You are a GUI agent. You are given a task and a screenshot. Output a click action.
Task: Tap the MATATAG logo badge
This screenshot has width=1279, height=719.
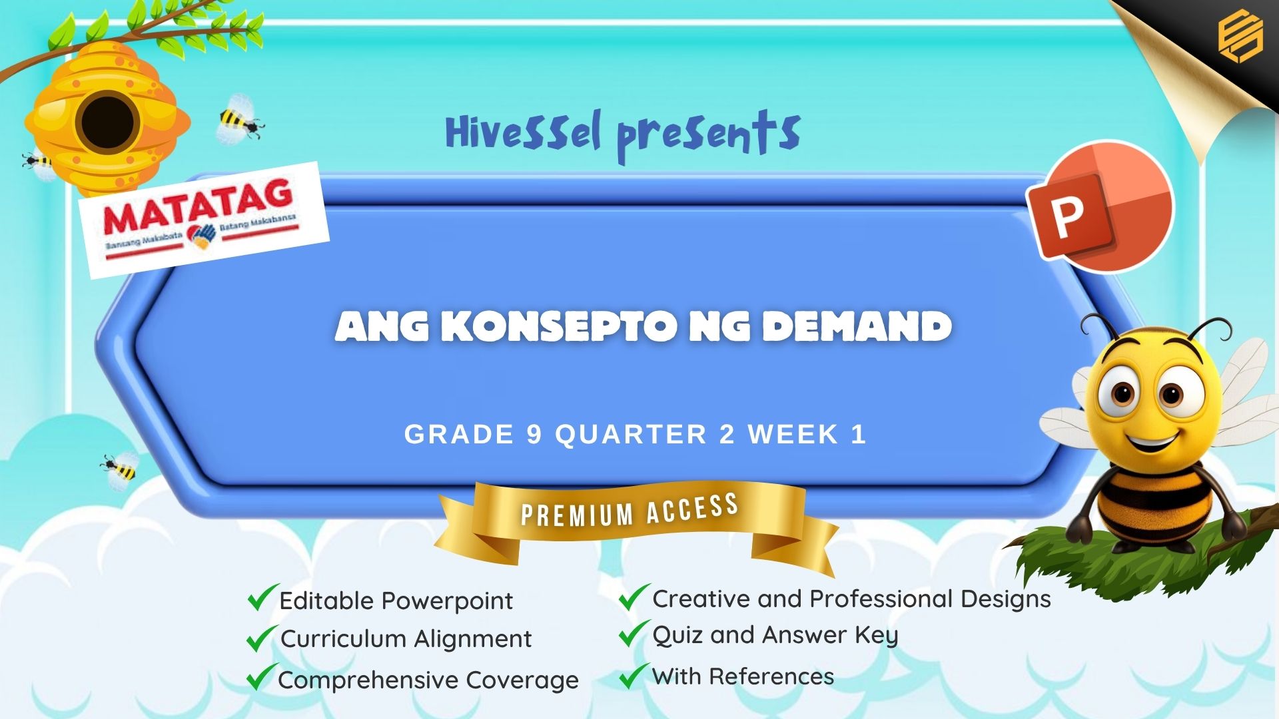[x=204, y=219]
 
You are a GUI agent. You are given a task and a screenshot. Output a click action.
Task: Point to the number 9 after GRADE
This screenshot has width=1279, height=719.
[x=534, y=435]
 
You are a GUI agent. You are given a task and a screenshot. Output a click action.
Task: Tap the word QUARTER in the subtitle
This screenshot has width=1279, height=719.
[x=631, y=435]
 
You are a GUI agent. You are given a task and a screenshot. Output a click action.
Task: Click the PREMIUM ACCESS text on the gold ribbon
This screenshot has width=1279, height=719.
[x=630, y=511]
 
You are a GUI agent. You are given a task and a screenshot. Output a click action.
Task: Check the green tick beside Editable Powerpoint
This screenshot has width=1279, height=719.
[x=262, y=597]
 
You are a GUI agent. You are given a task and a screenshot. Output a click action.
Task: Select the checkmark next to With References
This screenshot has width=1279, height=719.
[x=634, y=675]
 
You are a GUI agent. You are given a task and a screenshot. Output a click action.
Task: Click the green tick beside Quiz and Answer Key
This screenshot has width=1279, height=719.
[x=634, y=633]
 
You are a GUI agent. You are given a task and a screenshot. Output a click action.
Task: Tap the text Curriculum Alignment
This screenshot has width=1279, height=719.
[x=406, y=639]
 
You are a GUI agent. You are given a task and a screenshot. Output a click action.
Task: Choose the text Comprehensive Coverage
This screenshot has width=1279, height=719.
[x=428, y=680]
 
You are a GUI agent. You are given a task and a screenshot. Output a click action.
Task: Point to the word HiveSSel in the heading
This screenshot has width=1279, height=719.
[x=524, y=132]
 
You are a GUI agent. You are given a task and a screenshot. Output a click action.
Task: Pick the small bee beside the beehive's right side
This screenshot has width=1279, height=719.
[x=240, y=120]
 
